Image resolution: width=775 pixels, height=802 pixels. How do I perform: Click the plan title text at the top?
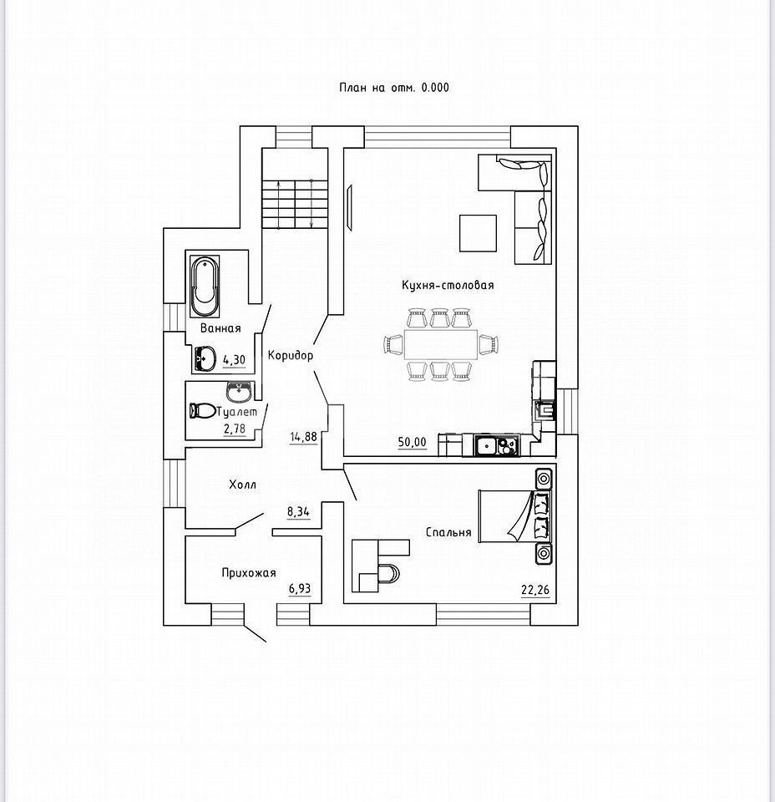point(393,86)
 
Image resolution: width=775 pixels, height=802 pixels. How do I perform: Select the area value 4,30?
point(235,359)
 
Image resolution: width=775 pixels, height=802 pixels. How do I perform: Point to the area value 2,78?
point(235,429)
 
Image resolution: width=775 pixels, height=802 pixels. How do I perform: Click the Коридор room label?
point(291,355)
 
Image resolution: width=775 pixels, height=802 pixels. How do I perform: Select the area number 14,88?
point(303,436)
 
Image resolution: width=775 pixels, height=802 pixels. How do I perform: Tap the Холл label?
point(242,484)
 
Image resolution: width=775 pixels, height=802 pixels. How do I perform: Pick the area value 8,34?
point(298,512)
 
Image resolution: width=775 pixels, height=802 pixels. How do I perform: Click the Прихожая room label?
point(248,572)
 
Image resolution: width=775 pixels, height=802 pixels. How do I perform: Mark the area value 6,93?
point(299,589)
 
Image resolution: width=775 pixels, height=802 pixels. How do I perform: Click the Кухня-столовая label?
point(447,285)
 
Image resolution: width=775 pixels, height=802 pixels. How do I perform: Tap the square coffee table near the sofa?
point(479,232)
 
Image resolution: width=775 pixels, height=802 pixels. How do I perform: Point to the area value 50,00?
point(413,442)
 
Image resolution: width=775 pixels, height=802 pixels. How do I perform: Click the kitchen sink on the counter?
point(487,446)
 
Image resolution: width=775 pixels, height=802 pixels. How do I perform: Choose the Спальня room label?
point(448,532)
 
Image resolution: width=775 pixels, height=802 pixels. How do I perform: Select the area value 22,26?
point(535,591)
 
